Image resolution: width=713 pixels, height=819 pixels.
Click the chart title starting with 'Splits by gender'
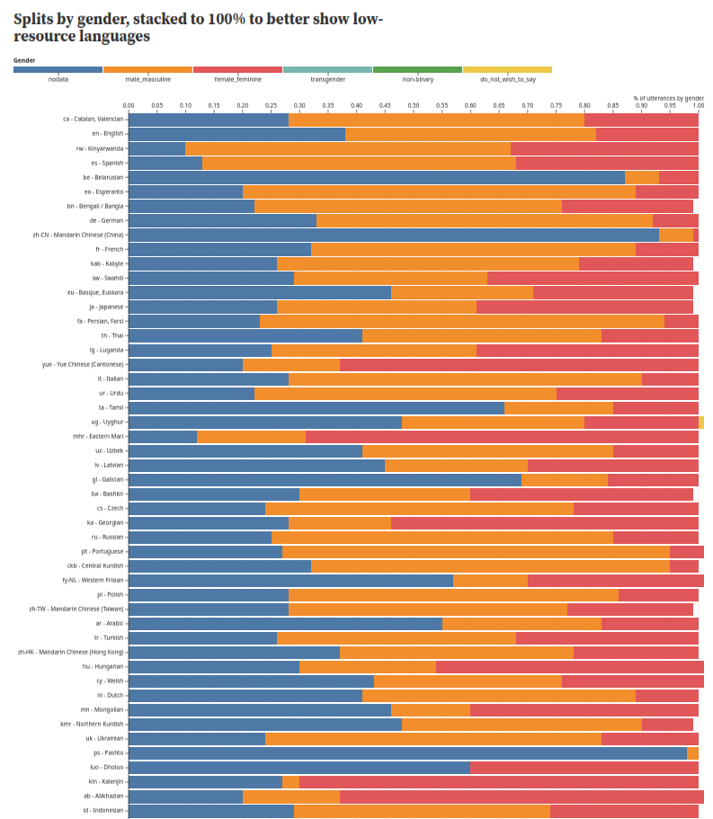coord(198,28)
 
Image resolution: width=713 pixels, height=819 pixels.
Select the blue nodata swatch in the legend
coord(58,69)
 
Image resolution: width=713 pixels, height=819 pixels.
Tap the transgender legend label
coord(327,79)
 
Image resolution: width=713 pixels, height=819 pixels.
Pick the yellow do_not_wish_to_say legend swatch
coord(507,69)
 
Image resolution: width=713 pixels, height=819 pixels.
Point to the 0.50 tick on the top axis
coord(414,105)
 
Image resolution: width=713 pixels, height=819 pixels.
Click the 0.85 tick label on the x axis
coord(612,105)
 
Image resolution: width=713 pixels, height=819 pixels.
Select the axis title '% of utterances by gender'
coord(668,97)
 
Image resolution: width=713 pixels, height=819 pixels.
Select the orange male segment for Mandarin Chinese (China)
coord(675,235)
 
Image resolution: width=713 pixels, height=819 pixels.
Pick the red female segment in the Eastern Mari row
coord(502,436)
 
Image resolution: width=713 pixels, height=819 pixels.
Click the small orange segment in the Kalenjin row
coord(290,781)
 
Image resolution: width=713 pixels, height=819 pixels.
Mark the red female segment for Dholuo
coord(584,767)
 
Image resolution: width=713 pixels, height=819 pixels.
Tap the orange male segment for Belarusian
coord(642,177)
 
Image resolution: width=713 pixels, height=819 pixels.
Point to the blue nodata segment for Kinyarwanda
coord(156,148)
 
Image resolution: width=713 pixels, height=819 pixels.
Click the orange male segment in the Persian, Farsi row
coord(462,321)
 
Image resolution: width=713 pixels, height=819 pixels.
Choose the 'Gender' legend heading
coord(24,60)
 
